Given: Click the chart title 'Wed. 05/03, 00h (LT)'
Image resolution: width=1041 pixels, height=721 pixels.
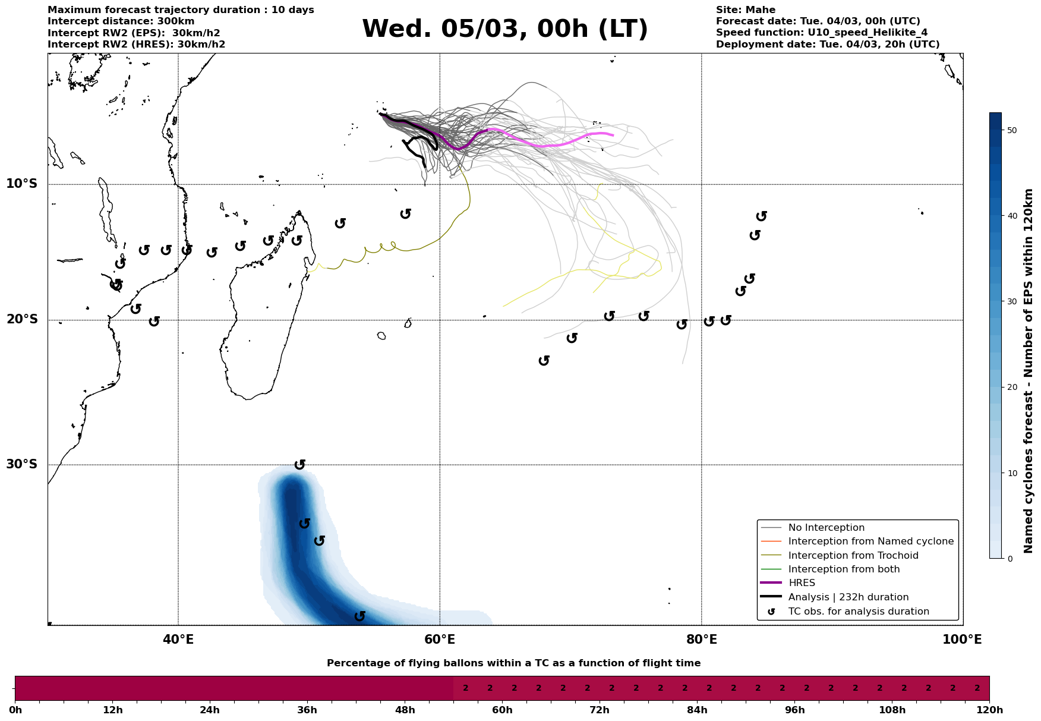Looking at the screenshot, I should tap(504, 29).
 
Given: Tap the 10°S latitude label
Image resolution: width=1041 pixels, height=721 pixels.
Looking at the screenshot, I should tap(22, 184).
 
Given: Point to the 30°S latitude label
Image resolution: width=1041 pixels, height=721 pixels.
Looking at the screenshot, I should tap(22, 464).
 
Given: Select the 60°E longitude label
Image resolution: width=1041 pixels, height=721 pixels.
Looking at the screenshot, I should tap(440, 640).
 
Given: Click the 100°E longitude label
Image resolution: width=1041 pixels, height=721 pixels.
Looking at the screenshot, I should tap(962, 640).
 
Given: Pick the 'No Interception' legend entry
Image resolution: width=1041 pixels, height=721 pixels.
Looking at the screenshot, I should tap(826, 528).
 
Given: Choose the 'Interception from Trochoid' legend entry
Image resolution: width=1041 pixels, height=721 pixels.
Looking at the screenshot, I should tap(853, 556).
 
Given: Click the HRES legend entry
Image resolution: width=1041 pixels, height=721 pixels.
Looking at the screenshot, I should tap(802, 583).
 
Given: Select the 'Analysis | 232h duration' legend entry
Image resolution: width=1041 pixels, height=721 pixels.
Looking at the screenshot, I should tap(848, 597).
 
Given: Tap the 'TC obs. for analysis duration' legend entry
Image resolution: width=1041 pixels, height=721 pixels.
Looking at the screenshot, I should tap(858, 612).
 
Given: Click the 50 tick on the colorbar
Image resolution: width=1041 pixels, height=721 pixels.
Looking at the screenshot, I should tap(1012, 130).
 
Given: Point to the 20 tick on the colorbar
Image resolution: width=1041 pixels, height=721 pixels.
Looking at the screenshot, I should tap(1012, 388).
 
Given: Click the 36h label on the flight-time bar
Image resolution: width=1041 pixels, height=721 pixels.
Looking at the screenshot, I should tap(307, 710).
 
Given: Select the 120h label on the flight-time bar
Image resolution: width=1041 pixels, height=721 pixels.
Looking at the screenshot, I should tap(989, 710).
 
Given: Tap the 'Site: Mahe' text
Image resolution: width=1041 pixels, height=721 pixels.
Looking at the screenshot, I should tap(745, 10).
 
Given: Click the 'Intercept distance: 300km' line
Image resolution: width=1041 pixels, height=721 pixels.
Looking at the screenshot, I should tap(121, 21).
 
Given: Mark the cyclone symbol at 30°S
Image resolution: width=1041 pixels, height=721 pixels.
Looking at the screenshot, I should tap(300, 464).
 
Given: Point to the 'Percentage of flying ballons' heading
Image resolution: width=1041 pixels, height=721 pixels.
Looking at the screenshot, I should tap(513, 663).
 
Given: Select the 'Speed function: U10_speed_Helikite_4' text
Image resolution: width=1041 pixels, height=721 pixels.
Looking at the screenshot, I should tap(821, 33).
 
